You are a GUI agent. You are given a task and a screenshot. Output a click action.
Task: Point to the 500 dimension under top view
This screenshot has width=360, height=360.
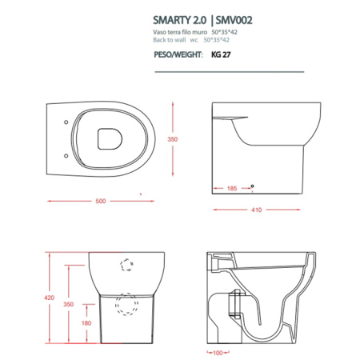(x=101, y=201)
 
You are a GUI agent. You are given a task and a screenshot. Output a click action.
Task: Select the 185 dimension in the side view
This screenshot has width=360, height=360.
(x=231, y=190)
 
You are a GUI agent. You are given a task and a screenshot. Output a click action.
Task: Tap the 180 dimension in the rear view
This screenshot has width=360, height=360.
(x=70, y=323)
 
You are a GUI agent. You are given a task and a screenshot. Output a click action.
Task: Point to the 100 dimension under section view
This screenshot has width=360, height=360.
(x=218, y=352)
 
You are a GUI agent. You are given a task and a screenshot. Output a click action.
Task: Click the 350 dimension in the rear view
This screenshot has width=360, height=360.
(x=70, y=305)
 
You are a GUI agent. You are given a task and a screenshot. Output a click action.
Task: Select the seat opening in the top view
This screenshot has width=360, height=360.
(x=110, y=138)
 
